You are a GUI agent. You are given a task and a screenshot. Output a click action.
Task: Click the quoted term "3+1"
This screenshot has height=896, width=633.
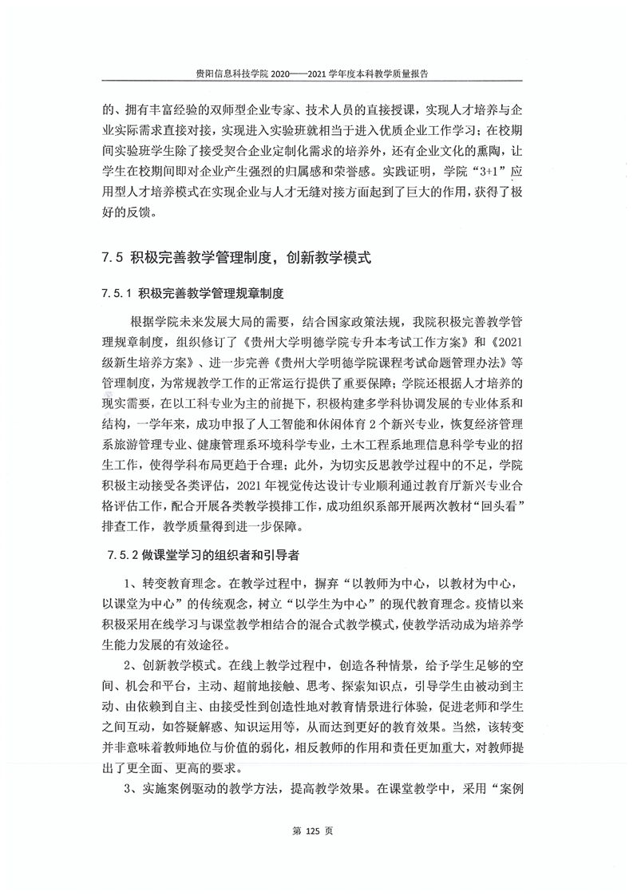click(x=487, y=172)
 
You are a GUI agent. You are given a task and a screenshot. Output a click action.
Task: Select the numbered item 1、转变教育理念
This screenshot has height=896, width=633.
click(x=168, y=583)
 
